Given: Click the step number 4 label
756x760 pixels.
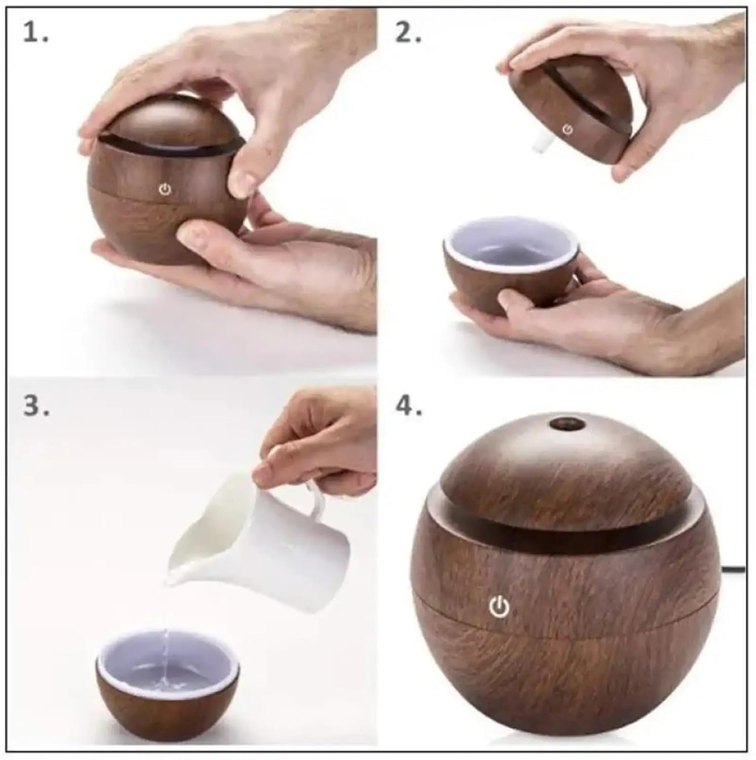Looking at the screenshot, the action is (409, 405).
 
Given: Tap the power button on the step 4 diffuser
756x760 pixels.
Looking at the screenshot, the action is (499, 606).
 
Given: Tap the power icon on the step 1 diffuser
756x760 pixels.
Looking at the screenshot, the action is (165, 190).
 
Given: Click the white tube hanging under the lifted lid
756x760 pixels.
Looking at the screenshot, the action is (540, 143).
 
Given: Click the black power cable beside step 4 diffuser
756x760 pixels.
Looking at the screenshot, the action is (733, 569).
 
